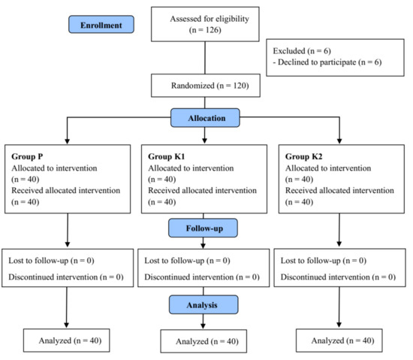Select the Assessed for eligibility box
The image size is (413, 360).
click(204, 24)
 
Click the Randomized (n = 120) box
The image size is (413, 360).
click(204, 86)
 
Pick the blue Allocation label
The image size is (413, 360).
click(204, 118)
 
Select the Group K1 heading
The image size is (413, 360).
click(167, 156)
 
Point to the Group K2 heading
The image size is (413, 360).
click(304, 156)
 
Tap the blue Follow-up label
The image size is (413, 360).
click(204, 225)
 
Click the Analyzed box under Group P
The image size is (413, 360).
click(68, 340)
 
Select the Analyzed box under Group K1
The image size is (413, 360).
click(205, 342)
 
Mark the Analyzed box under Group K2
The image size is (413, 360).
click(342, 340)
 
